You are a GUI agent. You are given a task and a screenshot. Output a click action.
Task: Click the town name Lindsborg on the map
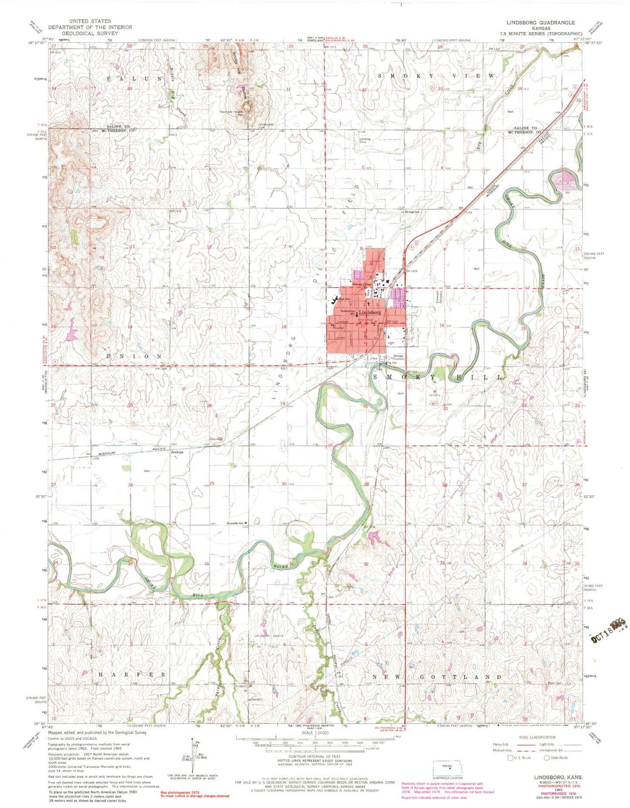pos(370,312)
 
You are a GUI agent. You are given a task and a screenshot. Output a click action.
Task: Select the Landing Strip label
pos(365,140)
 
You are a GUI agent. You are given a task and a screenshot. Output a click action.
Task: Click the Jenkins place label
pos(177,452)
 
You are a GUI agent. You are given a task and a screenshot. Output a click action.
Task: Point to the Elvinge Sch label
pos(411,212)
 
